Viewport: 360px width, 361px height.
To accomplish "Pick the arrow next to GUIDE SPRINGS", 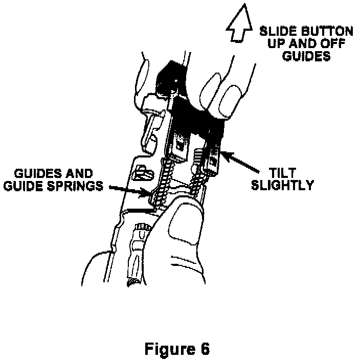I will pyautogui.click(x=128, y=190).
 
